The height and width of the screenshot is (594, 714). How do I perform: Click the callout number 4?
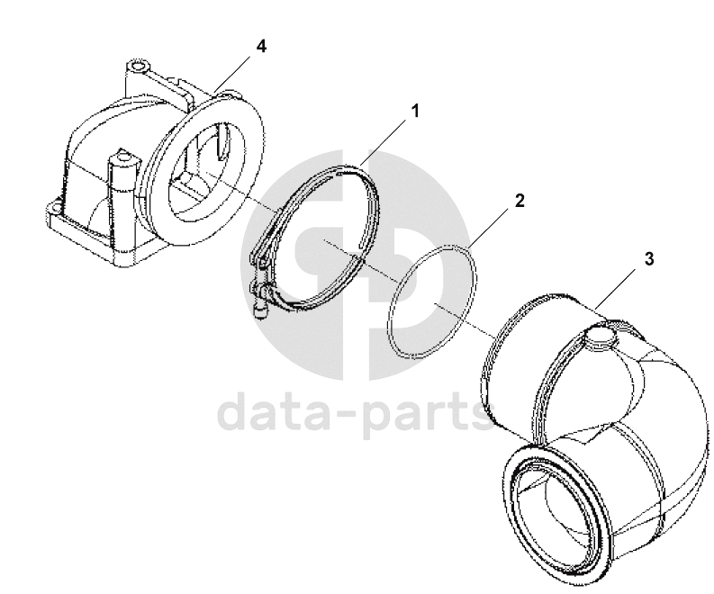(x=261, y=47)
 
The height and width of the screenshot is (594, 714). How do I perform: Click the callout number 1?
(x=414, y=111)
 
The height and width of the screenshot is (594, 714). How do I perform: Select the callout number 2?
(x=520, y=201)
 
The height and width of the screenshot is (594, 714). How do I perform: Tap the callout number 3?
(x=649, y=259)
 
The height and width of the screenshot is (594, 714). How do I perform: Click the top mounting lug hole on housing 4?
(x=138, y=65)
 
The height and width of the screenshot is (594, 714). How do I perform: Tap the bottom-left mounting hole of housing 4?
(x=55, y=208)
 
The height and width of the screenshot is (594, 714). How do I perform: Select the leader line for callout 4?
(x=231, y=73)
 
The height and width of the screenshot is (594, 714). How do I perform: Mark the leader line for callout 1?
(x=384, y=141)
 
